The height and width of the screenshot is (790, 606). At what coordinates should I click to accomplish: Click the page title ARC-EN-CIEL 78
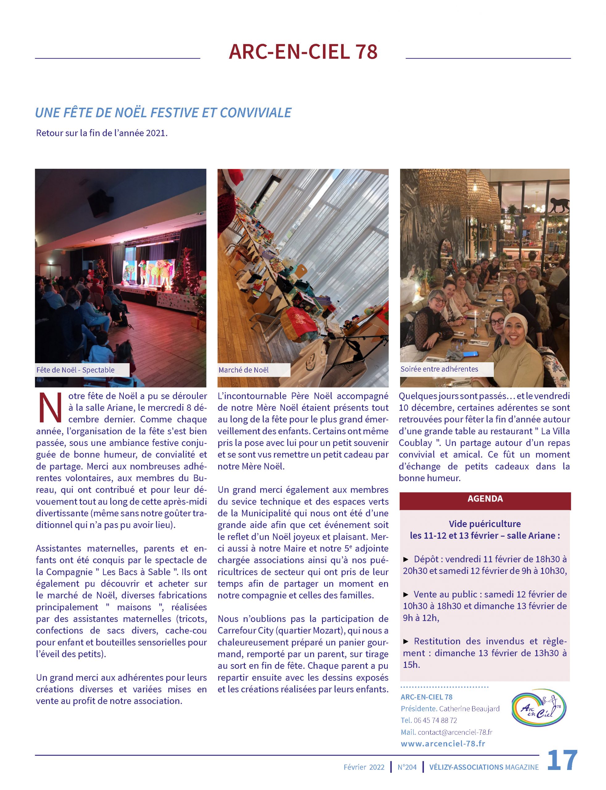(303, 52)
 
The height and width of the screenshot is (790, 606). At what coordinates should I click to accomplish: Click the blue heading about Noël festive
(163, 113)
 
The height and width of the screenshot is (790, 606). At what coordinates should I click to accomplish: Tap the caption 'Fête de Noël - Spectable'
(75, 370)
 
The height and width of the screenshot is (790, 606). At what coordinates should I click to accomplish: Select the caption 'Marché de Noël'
(244, 370)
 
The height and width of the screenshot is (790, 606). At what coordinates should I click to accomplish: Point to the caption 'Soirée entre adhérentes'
(439, 369)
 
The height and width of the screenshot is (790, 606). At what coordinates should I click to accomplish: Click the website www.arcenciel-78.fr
(443, 743)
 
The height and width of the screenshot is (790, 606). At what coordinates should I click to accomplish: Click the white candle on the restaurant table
(476, 319)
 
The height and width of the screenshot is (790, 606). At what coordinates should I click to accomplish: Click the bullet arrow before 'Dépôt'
(406, 559)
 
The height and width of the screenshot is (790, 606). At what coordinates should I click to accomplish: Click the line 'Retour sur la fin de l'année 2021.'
(102, 133)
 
